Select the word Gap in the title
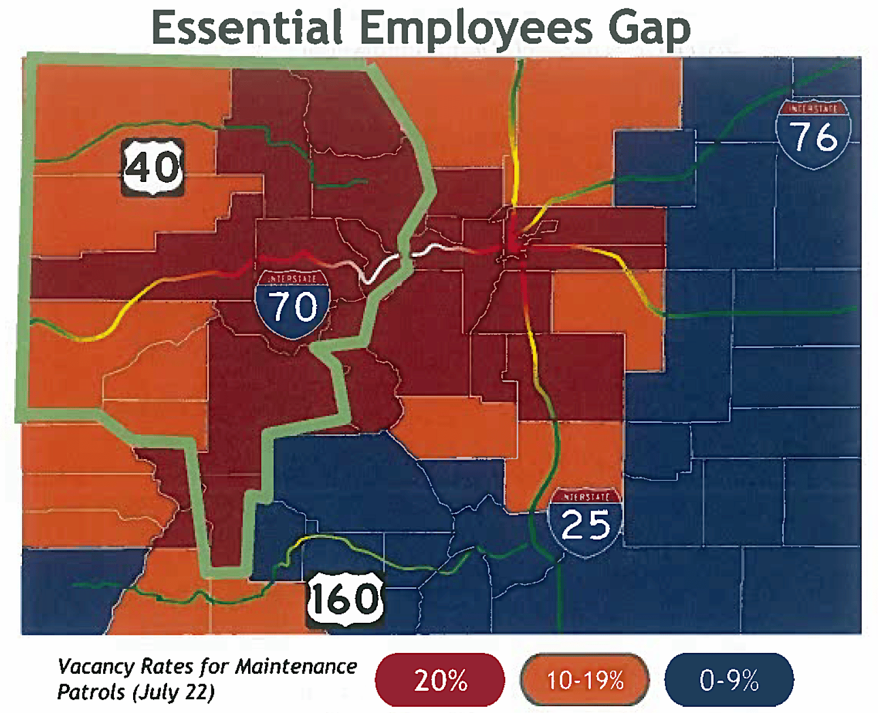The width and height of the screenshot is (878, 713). point(649,28)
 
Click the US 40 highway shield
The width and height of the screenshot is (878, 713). point(153,167)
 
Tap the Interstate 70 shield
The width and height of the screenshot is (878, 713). point(292,304)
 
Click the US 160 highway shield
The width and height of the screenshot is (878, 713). point(345,600)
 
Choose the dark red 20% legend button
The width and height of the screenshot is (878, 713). point(440,680)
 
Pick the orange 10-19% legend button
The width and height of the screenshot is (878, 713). point(585,680)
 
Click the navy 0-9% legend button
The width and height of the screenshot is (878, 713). point(729,680)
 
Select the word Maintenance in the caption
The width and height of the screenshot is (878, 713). point(296,667)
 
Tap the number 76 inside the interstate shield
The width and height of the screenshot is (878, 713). point(813,137)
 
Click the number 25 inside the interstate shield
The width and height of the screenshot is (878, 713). point(586,525)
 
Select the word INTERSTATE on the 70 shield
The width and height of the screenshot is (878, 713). point(292,279)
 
